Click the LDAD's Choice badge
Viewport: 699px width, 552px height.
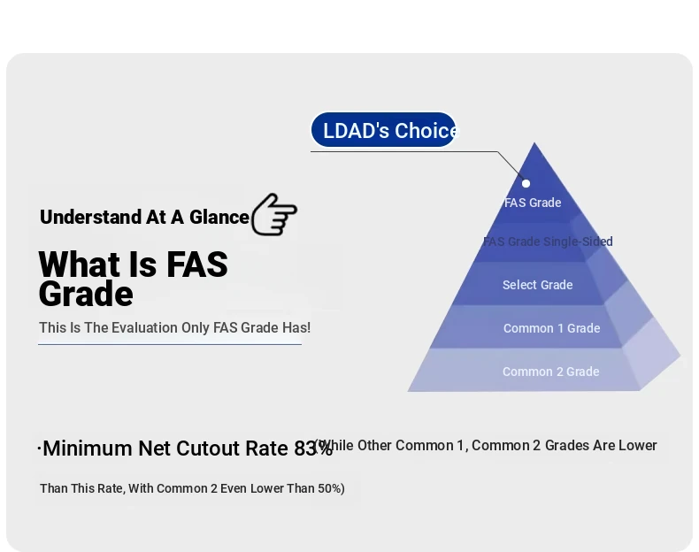[383, 130]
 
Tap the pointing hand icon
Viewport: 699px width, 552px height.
[274, 214]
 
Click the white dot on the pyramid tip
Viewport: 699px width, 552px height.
[526, 183]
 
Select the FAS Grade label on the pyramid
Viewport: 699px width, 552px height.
[533, 203]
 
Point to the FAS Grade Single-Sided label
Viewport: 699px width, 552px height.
[548, 241]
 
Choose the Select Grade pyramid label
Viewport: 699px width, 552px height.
[538, 285]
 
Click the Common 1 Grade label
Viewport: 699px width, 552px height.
[551, 328]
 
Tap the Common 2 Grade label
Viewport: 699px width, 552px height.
[551, 372]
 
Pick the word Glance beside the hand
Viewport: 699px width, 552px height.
[219, 218]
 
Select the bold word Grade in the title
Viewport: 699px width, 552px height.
[86, 294]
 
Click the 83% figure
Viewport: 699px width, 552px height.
[313, 448]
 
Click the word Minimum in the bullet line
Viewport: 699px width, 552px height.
[88, 448]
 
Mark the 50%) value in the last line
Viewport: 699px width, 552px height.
[331, 488]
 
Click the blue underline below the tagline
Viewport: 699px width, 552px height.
[170, 344]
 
